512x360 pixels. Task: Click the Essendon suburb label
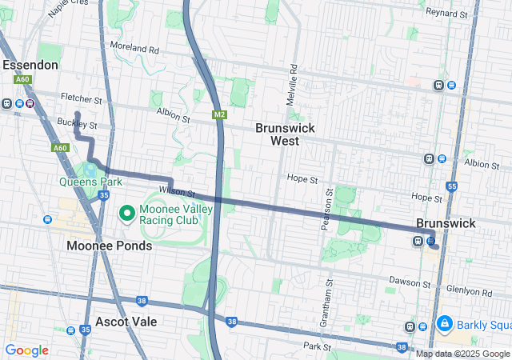(30, 64)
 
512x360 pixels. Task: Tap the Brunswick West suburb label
(285, 134)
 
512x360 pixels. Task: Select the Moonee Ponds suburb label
(110, 246)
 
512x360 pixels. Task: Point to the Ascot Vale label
(126, 322)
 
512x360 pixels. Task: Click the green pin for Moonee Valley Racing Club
(126, 214)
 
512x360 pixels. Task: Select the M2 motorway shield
(219, 114)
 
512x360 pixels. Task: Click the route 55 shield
(452, 186)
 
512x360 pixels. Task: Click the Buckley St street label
(77, 125)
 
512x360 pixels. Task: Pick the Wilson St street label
(177, 192)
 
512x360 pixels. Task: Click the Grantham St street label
(330, 295)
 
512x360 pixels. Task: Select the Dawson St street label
(410, 280)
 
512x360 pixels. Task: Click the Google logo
(27, 350)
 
